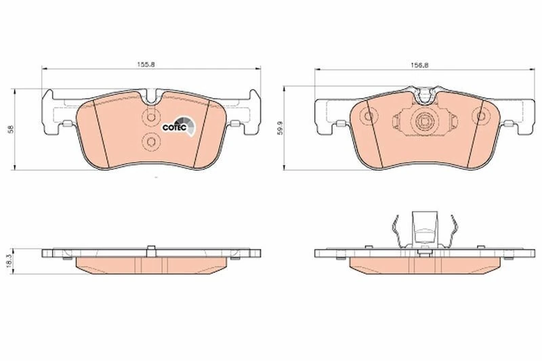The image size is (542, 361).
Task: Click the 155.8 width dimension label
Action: [146, 64]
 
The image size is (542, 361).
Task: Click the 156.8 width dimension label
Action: [419, 64]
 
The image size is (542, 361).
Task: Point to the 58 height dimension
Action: [11, 129]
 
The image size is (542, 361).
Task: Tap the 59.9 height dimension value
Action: [280, 127]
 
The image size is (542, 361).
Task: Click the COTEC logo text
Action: [175, 127]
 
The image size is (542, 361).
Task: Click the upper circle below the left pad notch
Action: [150, 117]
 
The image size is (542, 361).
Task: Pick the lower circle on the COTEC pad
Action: [150, 142]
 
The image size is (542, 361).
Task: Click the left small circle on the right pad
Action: [368, 116]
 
